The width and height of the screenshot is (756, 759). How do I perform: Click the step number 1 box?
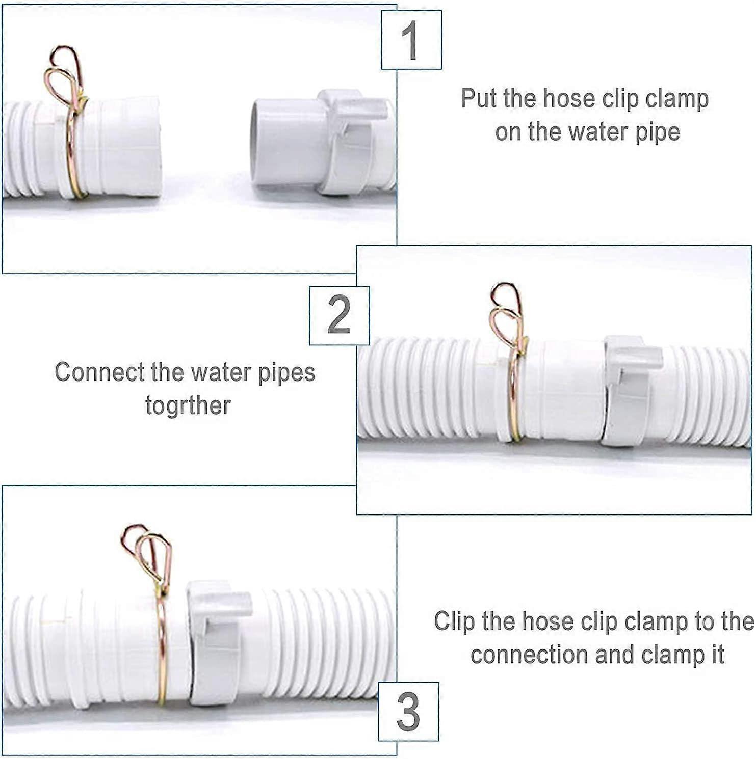click(x=411, y=40)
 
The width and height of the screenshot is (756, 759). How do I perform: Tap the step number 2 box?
click(x=339, y=315)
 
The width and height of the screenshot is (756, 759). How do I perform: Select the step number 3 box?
click(x=408, y=712)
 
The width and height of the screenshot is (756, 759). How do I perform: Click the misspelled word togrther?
click(x=188, y=406)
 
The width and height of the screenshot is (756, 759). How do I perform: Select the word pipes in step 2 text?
click(x=286, y=373)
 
